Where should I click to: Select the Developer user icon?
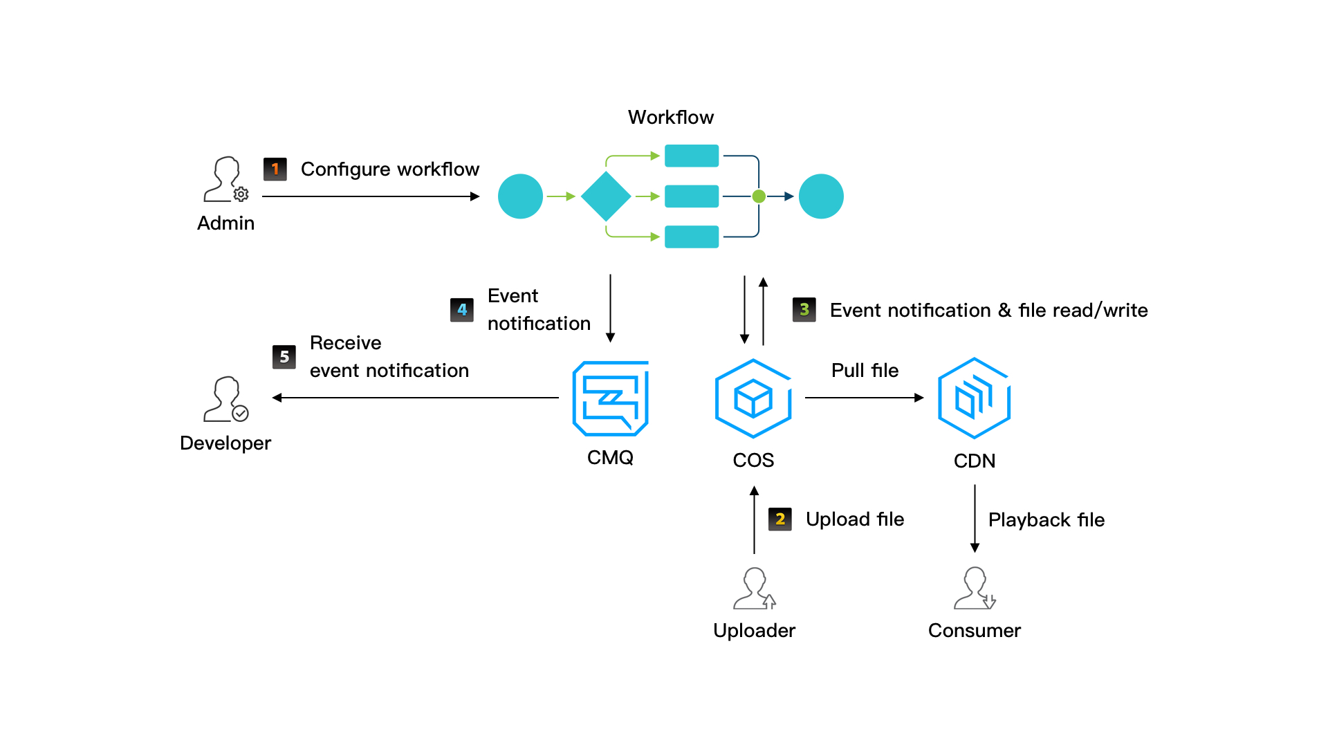click(225, 399)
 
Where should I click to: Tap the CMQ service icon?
click(610, 398)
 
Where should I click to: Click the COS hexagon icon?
click(753, 398)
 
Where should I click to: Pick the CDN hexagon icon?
click(974, 398)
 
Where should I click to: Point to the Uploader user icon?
click(754, 589)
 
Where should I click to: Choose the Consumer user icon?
click(974, 589)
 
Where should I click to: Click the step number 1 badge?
click(275, 169)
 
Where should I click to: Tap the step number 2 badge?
click(780, 519)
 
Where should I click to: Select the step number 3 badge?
click(804, 310)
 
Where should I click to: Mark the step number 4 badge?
click(462, 310)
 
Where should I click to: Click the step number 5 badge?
click(284, 357)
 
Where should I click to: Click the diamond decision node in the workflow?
click(606, 196)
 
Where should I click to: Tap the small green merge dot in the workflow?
click(759, 196)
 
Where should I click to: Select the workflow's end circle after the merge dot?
click(821, 196)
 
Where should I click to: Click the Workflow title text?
click(670, 118)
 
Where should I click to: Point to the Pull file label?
click(865, 371)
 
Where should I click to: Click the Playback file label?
click(1046, 520)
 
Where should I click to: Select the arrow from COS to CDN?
click(864, 398)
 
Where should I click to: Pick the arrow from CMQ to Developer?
click(415, 398)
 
